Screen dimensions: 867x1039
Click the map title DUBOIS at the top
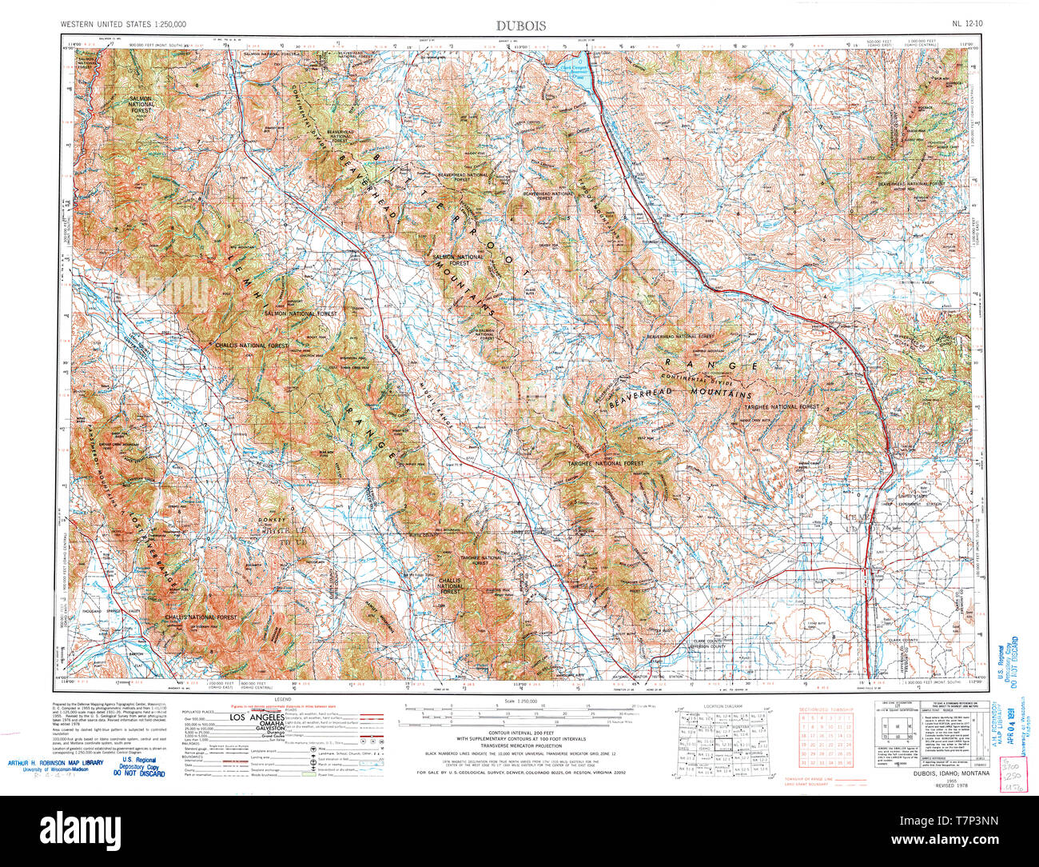click(519, 26)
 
